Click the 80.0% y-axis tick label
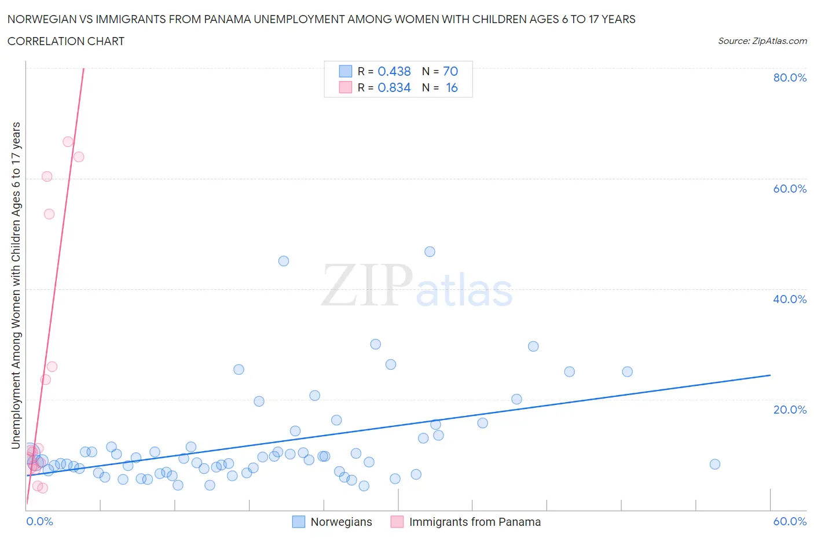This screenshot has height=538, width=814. (790, 78)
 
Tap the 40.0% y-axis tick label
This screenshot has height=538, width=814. (790, 299)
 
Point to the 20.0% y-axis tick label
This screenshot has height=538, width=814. (790, 410)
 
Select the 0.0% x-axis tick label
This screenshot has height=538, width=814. (40, 521)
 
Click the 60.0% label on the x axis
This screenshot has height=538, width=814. (790, 521)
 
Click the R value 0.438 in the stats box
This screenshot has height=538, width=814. (394, 71)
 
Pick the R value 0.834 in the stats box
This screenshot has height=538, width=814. (394, 87)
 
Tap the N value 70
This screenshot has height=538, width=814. (450, 71)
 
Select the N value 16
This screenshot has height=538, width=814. (452, 87)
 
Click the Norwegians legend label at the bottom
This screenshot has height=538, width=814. (341, 522)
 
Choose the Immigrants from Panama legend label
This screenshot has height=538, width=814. (475, 522)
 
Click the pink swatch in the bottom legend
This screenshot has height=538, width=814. (397, 522)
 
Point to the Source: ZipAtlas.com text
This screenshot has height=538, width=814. (762, 40)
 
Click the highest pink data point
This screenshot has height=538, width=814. (68, 142)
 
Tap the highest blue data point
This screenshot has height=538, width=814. (430, 252)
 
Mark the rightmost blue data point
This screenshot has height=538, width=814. (715, 464)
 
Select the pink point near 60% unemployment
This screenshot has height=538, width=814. (47, 176)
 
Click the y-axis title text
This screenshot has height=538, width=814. (16, 285)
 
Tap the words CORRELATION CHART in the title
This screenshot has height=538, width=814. (66, 41)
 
